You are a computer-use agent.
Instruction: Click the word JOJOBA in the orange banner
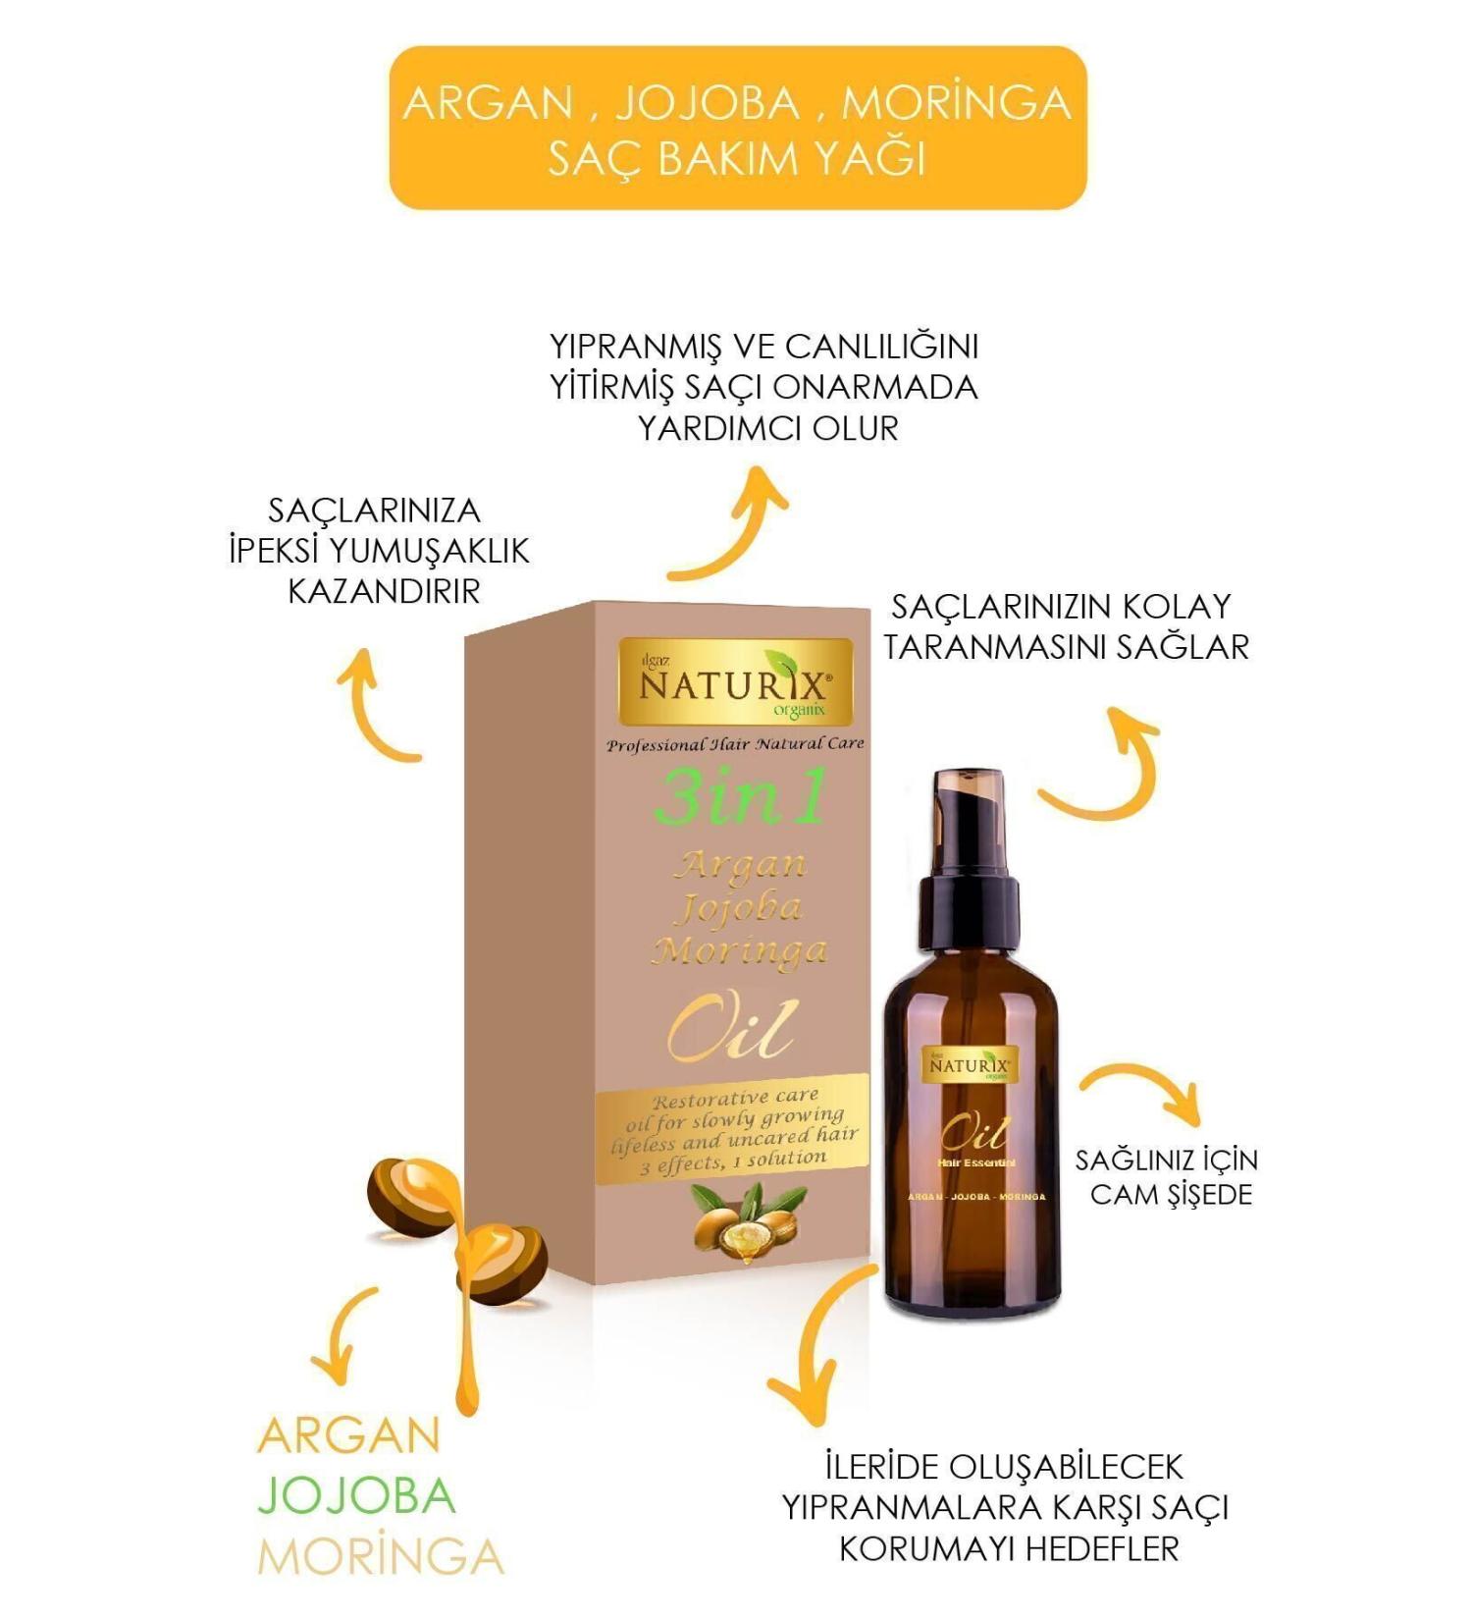pyautogui.click(x=708, y=103)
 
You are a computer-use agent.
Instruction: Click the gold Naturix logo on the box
pyautogui.click(x=735, y=681)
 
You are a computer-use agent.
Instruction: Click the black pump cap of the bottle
pyautogui.click(x=970, y=864)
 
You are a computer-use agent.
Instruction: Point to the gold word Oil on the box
pyautogui.click(x=732, y=1031)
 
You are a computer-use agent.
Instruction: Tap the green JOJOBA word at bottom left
pyautogui.click(x=357, y=1496)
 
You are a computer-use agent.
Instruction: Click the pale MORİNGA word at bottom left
pyautogui.click(x=381, y=1556)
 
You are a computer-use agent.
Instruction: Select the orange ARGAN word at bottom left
pyautogui.click(x=348, y=1436)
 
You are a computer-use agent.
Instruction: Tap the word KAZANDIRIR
pyautogui.click(x=384, y=591)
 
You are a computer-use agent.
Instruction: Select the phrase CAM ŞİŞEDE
pyautogui.click(x=1171, y=1195)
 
